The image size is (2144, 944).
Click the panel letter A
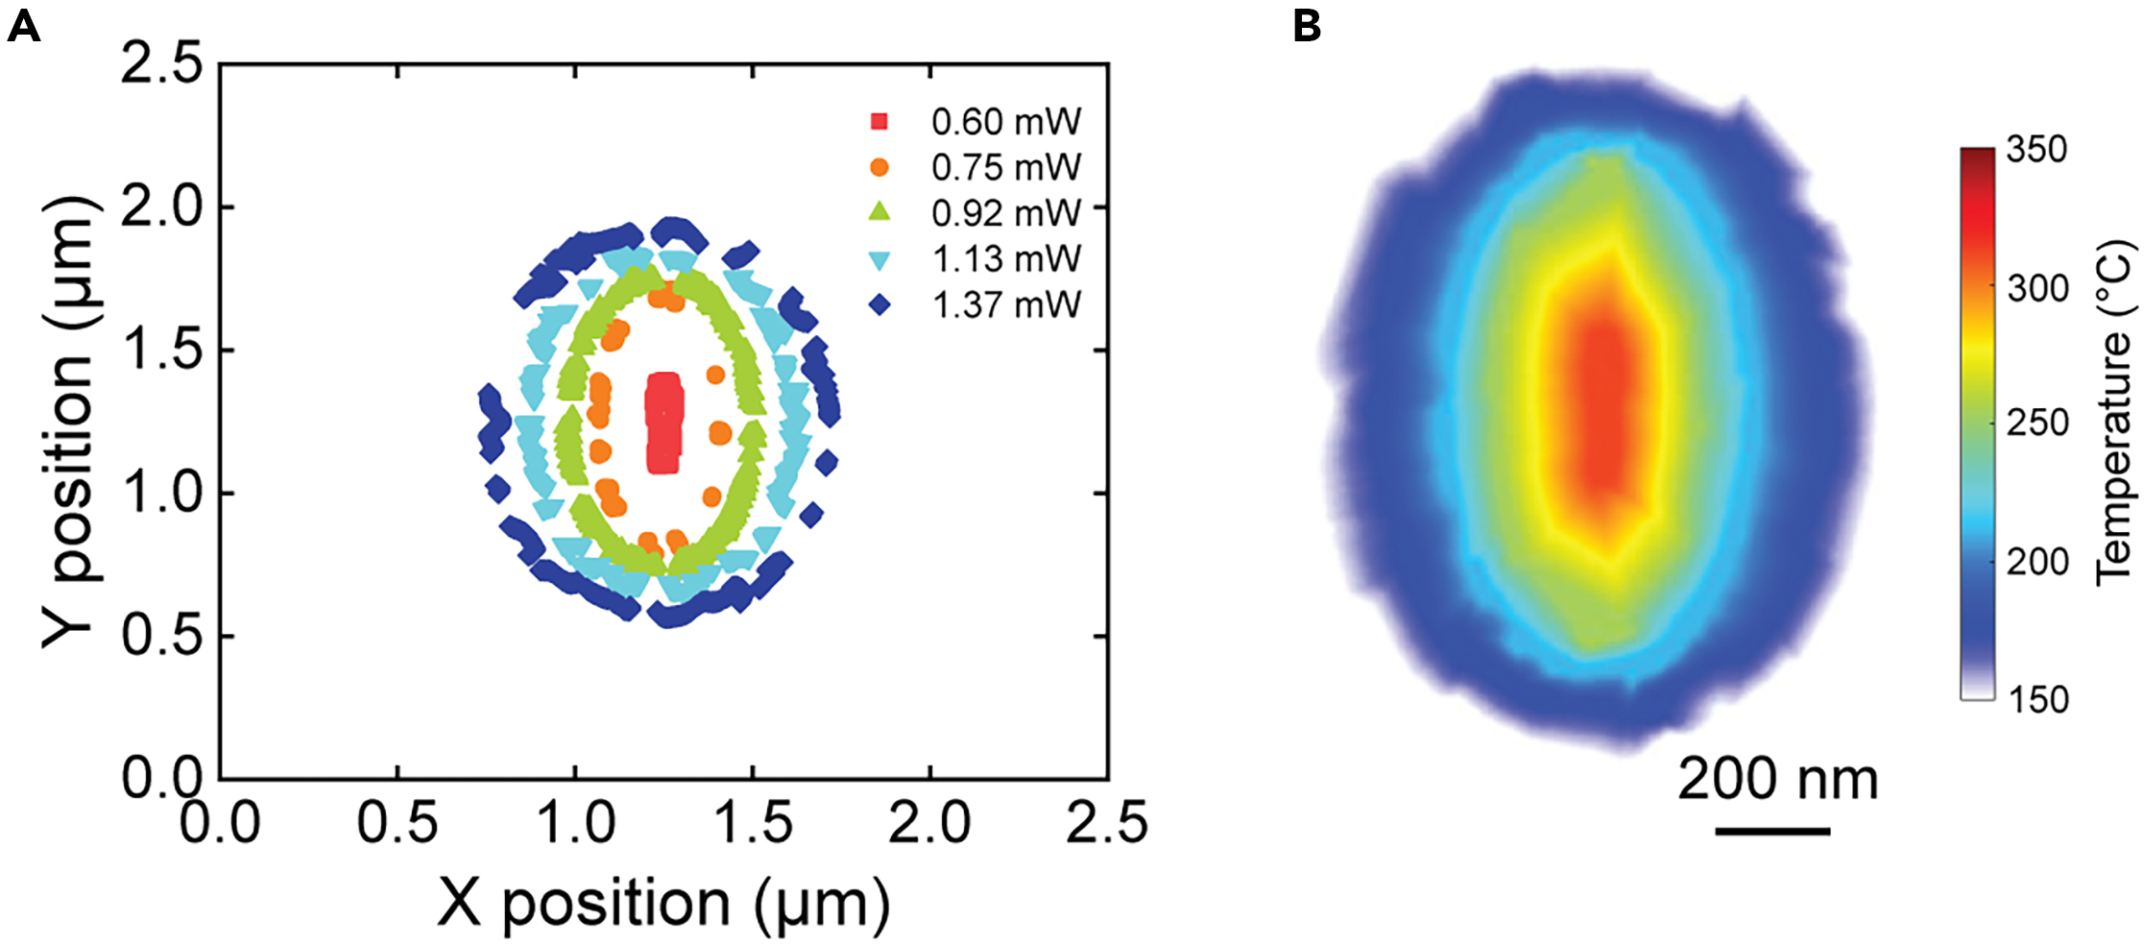pos(23,26)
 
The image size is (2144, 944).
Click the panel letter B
pos(1307,26)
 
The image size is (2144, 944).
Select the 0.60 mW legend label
pos(1005,122)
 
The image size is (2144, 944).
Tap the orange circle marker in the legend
pos(879,168)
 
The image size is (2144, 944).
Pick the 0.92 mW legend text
pos(1005,213)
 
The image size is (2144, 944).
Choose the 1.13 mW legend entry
pos(1005,259)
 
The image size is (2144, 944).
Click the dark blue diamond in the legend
pos(879,305)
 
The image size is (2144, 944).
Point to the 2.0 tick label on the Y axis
pos(161,206)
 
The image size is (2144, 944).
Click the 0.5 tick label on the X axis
pos(397,823)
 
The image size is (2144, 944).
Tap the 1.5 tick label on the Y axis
pos(161,350)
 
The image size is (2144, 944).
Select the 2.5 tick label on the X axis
pos(1106,823)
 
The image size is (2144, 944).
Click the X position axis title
pos(662,904)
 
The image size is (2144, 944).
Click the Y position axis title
pos(69,423)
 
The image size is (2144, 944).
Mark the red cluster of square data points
pos(663,423)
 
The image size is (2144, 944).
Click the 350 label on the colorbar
pos(2036,150)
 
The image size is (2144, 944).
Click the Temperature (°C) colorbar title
pos(2113,413)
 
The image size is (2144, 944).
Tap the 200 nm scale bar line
pos(1771,831)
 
